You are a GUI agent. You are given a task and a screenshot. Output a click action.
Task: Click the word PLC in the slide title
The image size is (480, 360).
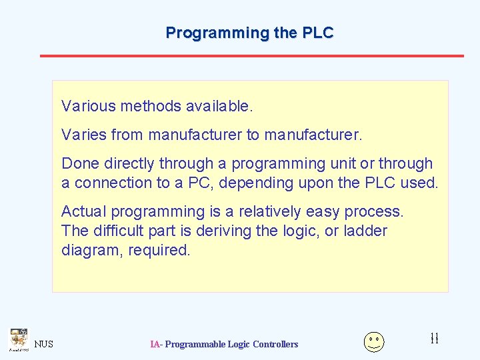tap(318, 33)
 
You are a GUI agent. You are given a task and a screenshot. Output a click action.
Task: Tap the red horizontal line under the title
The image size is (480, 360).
tap(251, 55)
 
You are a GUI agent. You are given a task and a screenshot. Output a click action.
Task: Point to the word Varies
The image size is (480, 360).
tap(84, 135)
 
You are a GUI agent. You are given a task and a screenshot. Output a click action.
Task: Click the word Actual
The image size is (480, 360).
tap(84, 211)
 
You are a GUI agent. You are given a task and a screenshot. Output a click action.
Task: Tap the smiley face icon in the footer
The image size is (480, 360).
tap(374, 341)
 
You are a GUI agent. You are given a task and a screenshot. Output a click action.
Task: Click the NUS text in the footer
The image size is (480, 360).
tap(43, 344)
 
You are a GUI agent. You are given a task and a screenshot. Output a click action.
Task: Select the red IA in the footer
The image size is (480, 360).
tap(155, 344)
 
